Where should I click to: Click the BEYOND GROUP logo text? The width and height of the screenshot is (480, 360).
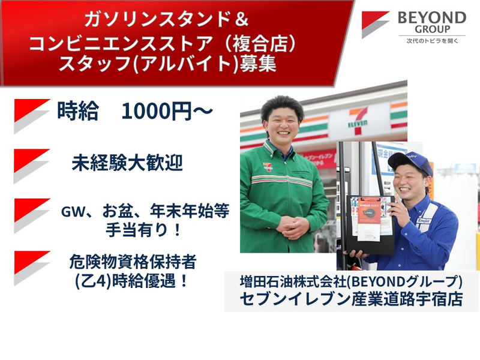click(432, 23)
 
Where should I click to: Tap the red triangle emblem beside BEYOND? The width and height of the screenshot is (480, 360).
click(375, 25)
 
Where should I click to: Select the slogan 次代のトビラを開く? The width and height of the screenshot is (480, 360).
click(432, 41)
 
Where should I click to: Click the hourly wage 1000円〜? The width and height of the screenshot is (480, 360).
click(167, 111)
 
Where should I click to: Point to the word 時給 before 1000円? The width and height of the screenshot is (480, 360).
click(78, 111)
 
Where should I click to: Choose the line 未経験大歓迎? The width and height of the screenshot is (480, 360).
click(127, 163)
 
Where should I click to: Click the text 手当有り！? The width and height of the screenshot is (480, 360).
click(143, 230)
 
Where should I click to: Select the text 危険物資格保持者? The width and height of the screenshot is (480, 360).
click(133, 262)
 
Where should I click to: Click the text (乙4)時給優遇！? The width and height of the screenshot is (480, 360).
click(132, 281)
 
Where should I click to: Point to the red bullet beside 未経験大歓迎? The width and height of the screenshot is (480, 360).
click(32, 166)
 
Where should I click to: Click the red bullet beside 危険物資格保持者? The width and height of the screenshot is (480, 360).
click(32, 268)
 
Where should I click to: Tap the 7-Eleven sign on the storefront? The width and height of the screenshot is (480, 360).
click(357, 122)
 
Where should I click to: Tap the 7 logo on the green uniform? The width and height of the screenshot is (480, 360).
click(268, 167)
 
